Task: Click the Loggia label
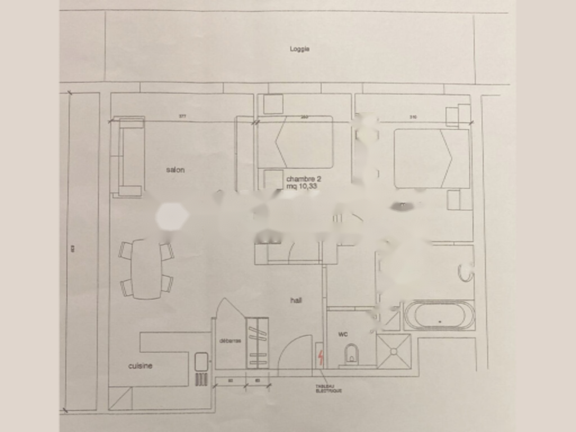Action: point(300,49)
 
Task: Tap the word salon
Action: point(175,170)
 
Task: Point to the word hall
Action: point(296,300)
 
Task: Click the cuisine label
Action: point(140,366)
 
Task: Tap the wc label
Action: point(343,334)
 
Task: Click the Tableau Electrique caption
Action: point(329,389)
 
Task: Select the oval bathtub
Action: point(440,316)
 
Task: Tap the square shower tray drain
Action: point(394,351)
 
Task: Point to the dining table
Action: point(146,269)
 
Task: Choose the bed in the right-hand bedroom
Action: point(431,158)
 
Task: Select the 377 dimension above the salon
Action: point(182,116)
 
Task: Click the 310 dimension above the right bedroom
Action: point(413,117)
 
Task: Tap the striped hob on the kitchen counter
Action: point(201,379)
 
